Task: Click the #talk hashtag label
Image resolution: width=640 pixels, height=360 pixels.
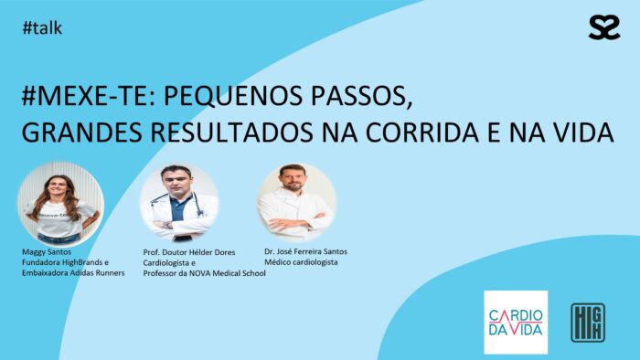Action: tap(43, 28)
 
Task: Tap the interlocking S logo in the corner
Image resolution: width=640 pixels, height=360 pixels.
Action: tap(603, 28)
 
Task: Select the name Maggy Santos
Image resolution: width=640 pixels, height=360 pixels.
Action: tap(46, 250)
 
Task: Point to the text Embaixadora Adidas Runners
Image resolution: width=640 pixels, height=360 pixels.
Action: tap(72, 272)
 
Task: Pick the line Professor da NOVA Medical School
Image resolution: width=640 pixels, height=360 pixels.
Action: tap(205, 273)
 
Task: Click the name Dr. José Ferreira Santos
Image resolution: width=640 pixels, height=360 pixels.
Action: tap(305, 251)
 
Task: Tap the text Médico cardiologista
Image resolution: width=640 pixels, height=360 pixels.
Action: tap(301, 262)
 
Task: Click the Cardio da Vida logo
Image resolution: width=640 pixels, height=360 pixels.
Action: tap(516, 323)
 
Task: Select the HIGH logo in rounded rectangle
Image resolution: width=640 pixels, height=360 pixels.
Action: tap(585, 323)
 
